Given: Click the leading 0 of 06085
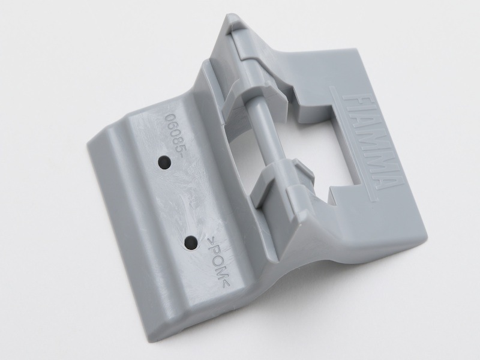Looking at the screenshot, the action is click(169, 118).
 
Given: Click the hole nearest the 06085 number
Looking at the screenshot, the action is click(164, 161).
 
